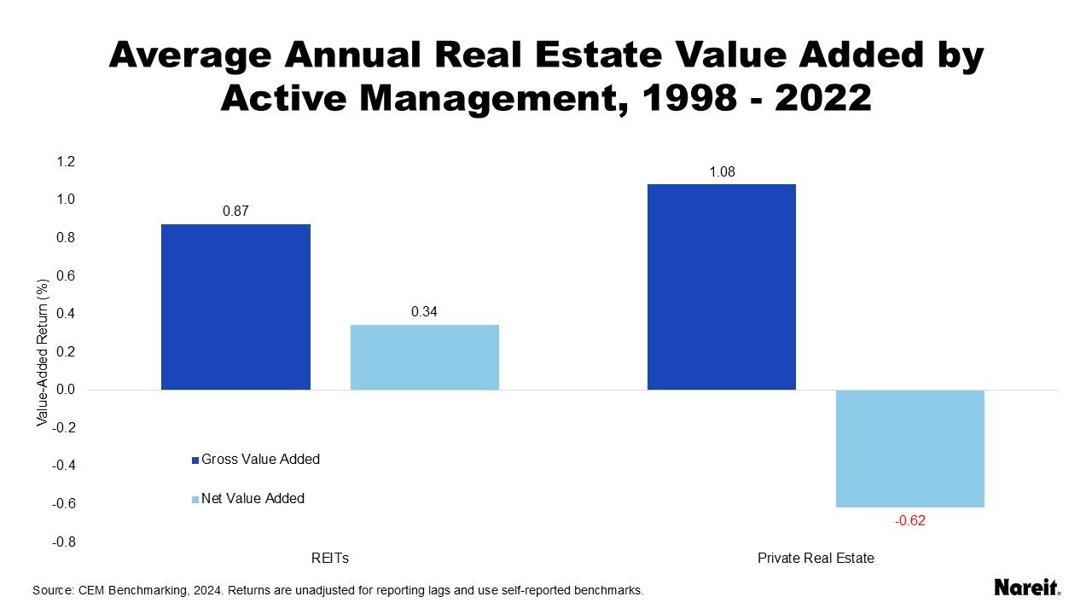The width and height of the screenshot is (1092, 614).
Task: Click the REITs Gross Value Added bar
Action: click(235, 307)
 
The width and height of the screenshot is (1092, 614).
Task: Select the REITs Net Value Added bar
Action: click(424, 357)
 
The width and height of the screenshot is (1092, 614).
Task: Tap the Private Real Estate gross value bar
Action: click(722, 287)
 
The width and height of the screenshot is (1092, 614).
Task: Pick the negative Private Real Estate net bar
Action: click(910, 449)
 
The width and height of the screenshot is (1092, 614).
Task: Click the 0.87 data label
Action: click(235, 211)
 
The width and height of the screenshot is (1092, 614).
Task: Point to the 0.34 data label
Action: click(424, 312)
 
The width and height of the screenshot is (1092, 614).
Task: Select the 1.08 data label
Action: click(722, 172)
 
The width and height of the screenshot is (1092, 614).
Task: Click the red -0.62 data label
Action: click(910, 521)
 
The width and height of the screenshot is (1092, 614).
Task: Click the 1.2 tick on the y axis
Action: click(66, 162)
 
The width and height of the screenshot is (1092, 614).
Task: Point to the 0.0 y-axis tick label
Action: click(66, 390)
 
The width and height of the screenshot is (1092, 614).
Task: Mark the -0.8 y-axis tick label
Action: click(64, 542)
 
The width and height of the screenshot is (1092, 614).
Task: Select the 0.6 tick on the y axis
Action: click(66, 276)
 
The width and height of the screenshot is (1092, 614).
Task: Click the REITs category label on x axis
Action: click(330, 559)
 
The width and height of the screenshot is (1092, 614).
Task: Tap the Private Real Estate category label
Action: click(816, 559)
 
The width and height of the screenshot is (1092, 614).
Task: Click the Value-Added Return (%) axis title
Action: click(41, 353)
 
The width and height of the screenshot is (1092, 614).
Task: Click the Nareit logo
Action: click(1027, 588)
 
